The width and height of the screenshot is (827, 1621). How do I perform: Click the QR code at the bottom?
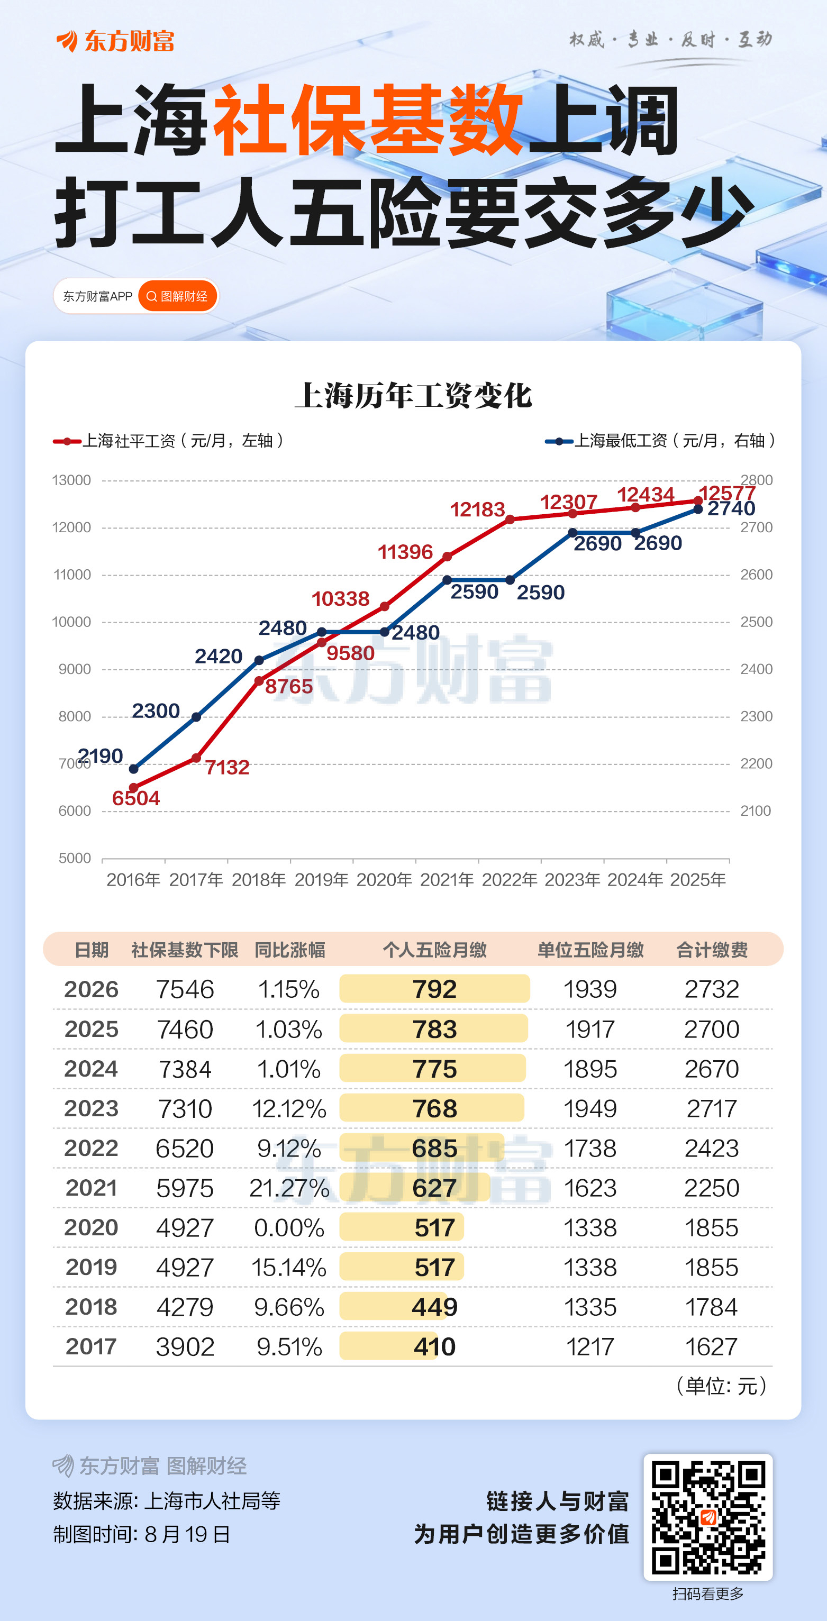pyautogui.click(x=708, y=1517)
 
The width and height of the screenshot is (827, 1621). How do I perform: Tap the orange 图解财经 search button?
pyautogui.click(x=177, y=296)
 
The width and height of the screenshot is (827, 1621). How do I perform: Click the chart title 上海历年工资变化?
pyautogui.click(x=414, y=396)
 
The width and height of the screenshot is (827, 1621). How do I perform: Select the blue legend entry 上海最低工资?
pyautogui.click(x=660, y=441)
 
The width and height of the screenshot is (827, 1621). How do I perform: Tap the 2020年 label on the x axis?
pyautogui.click(x=384, y=879)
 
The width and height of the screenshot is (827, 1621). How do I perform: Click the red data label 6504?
pyautogui.click(x=136, y=798)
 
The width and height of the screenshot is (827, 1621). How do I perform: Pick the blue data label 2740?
pyautogui.click(x=731, y=508)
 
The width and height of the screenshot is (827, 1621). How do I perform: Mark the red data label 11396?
pyautogui.click(x=405, y=552)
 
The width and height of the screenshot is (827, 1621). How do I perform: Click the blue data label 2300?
pyautogui.click(x=156, y=711)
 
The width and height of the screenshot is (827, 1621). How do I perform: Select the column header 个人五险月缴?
pyautogui.click(x=435, y=950)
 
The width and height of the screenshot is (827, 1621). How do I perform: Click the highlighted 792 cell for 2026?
pyautogui.click(x=434, y=989)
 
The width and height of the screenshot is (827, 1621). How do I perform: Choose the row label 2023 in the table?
pyautogui.click(x=91, y=1108)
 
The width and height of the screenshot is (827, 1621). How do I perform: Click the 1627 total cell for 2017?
pyautogui.click(x=711, y=1346)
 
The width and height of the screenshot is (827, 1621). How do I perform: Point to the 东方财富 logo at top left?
pyautogui.click(x=115, y=41)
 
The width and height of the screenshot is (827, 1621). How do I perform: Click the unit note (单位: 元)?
pyautogui.click(x=721, y=1386)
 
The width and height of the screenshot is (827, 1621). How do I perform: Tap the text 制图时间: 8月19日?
pyautogui.click(x=142, y=1534)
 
